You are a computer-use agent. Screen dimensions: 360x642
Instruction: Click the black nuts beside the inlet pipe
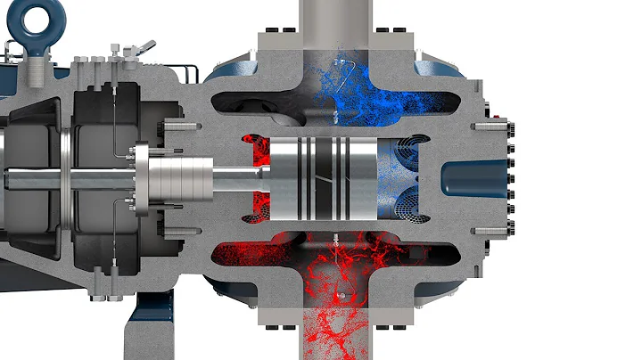pos(285,35)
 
